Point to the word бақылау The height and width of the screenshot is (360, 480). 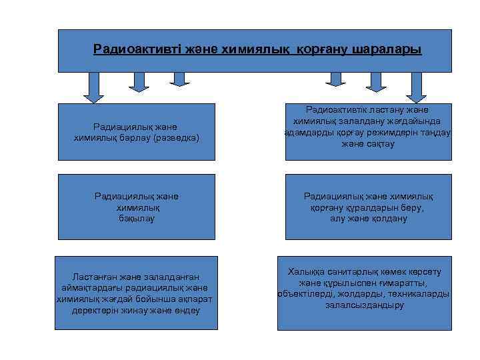137,219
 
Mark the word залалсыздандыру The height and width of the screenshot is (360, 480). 364,305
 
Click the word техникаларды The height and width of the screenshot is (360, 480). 423,293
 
